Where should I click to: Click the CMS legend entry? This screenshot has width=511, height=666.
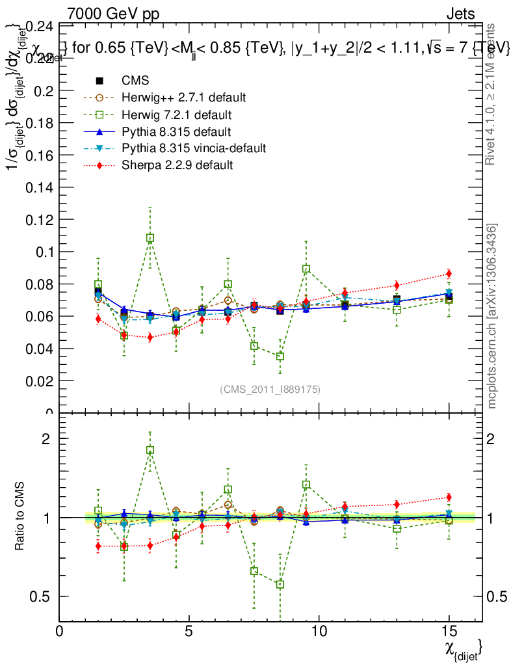(135, 81)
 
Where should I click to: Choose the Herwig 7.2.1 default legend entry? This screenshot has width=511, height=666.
(176, 114)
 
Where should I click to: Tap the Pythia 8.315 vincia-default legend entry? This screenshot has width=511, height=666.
(193, 148)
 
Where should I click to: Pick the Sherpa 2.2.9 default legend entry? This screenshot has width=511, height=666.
(177, 165)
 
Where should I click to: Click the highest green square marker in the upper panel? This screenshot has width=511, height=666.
(150, 238)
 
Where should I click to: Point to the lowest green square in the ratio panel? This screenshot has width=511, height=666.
(280, 584)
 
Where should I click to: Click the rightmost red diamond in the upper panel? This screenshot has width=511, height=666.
(449, 273)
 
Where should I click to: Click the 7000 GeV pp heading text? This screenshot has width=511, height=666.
(113, 14)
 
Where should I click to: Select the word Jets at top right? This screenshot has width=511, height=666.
(460, 14)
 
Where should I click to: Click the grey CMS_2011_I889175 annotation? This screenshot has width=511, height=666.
(270, 389)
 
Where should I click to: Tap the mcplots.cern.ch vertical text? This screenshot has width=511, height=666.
(492, 316)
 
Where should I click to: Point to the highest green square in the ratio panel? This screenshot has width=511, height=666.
(150, 449)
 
